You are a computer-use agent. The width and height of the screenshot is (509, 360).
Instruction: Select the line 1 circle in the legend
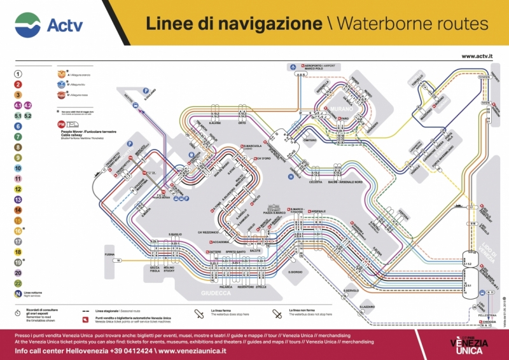click(18, 74)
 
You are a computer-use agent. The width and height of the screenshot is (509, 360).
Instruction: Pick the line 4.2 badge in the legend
click(29, 105)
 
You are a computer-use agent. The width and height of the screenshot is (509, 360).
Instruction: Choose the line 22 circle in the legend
click(18, 283)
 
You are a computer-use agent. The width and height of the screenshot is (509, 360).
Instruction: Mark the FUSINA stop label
click(109, 255)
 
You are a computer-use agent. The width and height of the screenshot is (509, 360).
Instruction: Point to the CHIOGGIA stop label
click(489, 322)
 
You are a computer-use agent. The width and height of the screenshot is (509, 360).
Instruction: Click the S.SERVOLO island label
click(352, 291)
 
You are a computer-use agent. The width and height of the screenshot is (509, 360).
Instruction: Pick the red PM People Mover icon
click(61, 124)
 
